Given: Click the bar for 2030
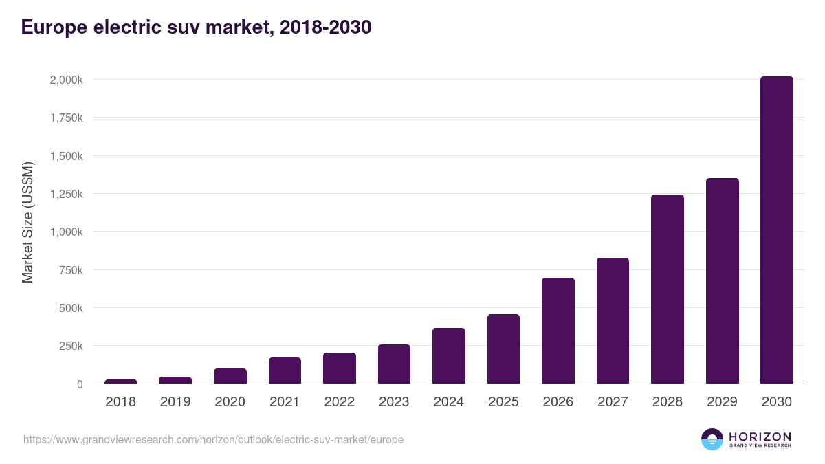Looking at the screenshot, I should [776, 230].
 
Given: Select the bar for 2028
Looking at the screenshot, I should [667, 289].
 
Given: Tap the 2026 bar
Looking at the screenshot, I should [558, 331].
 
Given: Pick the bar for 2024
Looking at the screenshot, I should [448, 356].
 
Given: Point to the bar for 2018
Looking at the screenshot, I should [121, 382].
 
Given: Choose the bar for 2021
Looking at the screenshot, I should [285, 371].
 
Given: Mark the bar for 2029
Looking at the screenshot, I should [722, 281].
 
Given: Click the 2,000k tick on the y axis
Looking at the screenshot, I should [66, 80].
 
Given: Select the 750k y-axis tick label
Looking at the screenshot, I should [70, 270].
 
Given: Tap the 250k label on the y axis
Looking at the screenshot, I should [70, 346].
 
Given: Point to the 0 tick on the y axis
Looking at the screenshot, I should [80, 384].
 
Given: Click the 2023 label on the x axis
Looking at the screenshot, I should [394, 402].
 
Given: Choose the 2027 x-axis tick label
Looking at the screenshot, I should [613, 402].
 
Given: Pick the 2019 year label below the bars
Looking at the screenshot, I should [175, 402].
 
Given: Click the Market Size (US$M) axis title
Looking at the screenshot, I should [27, 223].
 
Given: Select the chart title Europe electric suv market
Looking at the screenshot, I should [197, 27].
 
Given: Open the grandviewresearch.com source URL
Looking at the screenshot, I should [213, 439].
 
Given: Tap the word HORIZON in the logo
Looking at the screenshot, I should [759, 437].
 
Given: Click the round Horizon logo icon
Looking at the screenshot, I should [712, 439].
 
